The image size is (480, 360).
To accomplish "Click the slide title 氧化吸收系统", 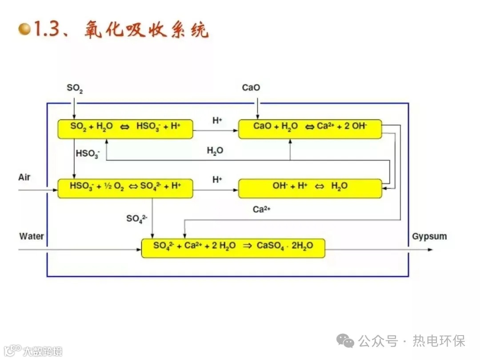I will click(146, 30).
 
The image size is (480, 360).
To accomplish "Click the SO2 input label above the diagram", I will click(75, 88).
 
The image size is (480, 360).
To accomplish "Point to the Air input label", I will click(24, 177).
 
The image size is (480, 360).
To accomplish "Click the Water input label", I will click(32, 236).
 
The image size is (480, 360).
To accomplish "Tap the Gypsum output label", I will click(429, 236).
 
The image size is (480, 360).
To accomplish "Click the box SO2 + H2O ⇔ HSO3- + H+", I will click(125, 129).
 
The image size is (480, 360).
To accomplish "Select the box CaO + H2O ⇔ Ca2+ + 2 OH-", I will click(310, 129).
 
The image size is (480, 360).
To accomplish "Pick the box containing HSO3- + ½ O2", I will click(125, 188).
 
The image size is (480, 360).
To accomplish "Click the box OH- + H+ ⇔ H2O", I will click(310, 188).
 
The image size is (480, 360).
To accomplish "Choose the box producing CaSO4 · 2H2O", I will click(233, 248).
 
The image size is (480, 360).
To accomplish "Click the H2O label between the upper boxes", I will click(215, 151).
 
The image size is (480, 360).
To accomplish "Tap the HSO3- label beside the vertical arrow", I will click(88, 154).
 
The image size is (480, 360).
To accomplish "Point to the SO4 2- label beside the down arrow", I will click(136, 218).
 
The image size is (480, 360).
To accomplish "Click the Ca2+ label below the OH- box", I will click(262, 209).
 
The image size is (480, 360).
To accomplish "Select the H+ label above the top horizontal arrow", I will click(217, 120).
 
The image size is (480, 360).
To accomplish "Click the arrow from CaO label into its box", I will click(257, 109).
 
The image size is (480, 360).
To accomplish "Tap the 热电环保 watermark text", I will click(439, 341).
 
